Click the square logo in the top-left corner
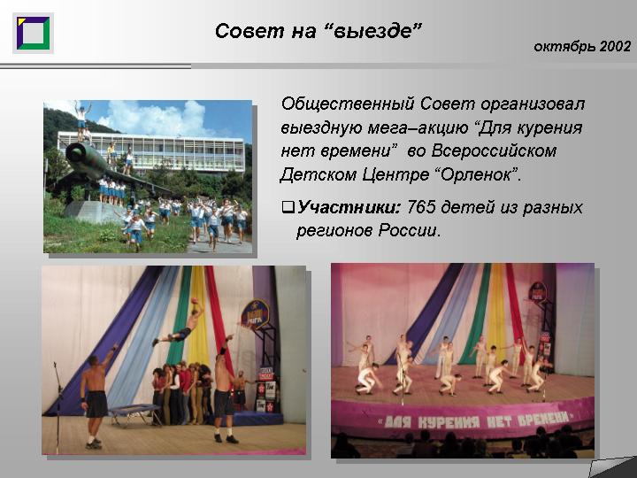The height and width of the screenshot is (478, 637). [x=33, y=33]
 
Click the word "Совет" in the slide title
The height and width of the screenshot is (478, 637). [x=249, y=31]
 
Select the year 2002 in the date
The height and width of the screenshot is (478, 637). [x=615, y=46]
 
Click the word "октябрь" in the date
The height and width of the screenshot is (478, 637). [x=564, y=47]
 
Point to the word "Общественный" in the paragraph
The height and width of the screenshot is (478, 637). [x=348, y=104]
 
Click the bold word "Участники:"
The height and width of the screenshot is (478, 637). [x=349, y=207]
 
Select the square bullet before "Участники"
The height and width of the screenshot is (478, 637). [x=288, y=208]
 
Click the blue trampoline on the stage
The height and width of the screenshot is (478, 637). [x=134, y=413]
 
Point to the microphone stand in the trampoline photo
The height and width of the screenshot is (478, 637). [x=58, y=406]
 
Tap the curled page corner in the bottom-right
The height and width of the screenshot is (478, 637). [x=612, y=467]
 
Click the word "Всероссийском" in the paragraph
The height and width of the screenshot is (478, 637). [x=494, y=151]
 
